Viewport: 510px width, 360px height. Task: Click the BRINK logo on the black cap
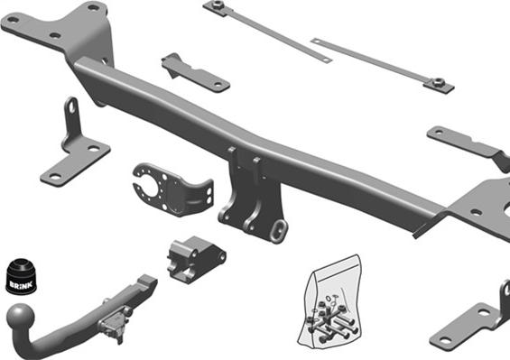tap(21, 284)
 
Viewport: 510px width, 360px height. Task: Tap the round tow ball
tap(20, 316)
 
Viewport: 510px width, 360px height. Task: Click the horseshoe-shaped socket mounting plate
tap(172, 189)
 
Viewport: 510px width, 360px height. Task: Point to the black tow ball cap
tap(21, 276)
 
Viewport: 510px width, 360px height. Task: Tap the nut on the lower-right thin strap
tap(439, 82)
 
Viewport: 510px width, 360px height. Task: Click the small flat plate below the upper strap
tap(196, 73)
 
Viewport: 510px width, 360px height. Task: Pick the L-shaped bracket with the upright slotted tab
tap(76, 150)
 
